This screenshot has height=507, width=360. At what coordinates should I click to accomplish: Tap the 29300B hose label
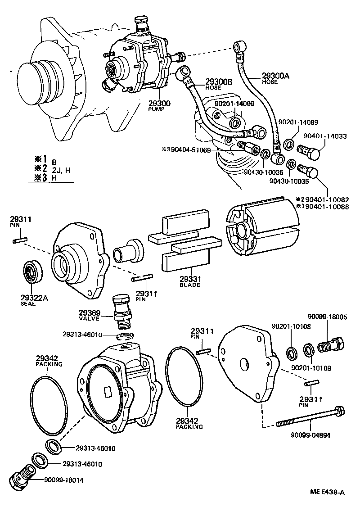tap(219, 81)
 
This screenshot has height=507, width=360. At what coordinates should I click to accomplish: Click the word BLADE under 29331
tap(189, 285)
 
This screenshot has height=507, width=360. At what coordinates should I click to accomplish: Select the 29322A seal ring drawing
tap(32, 273)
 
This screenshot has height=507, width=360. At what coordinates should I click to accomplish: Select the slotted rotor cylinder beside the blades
tap(261, 229)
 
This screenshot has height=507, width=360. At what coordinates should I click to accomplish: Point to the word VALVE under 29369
tap(89, 318)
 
